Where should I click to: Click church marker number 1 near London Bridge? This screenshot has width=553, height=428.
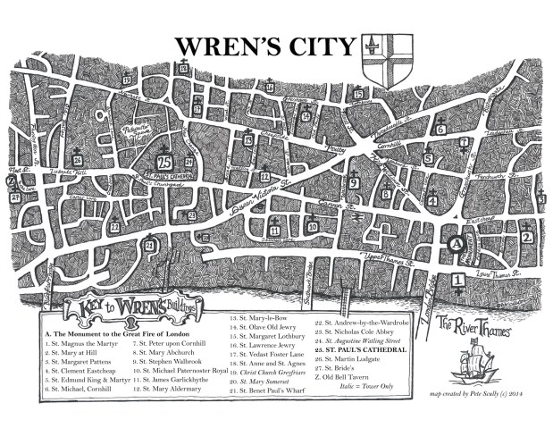pyautogui.click(x=458, y=281)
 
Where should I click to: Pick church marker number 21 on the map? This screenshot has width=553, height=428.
pyautogui.click(x=150, y=244)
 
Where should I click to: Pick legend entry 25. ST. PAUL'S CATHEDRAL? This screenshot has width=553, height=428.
pyautogui.click(x=357, y=350)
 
